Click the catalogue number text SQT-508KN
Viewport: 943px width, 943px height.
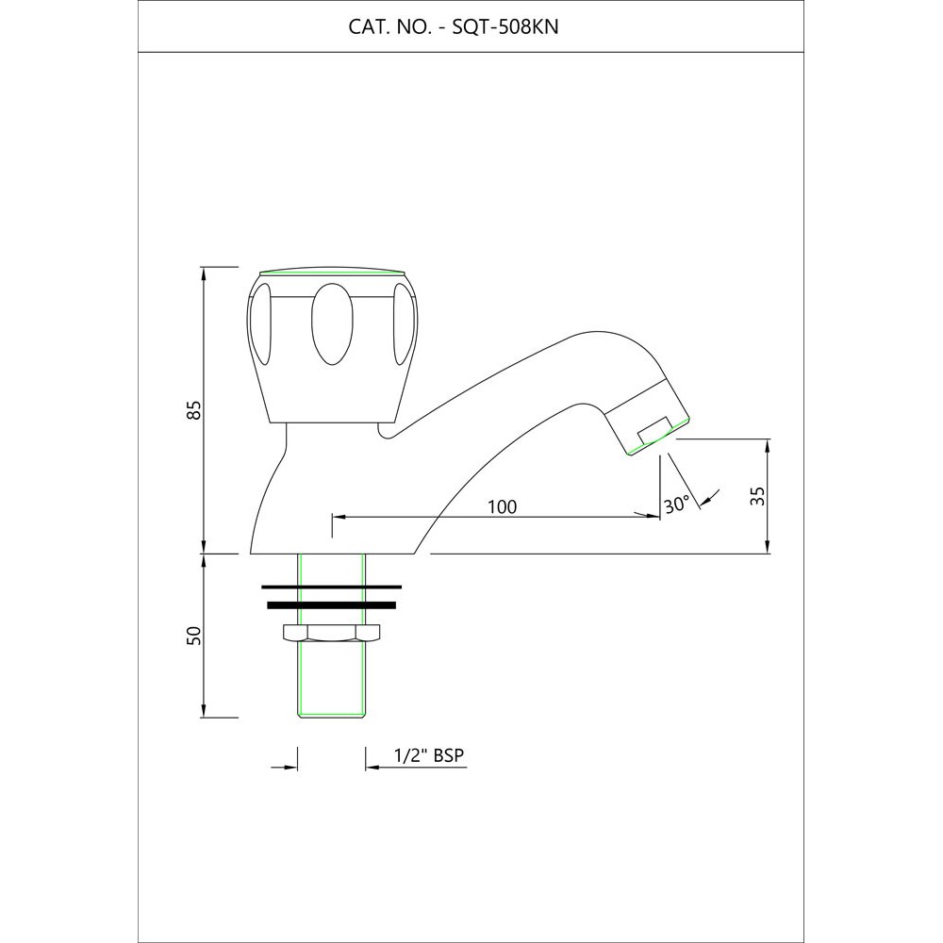pos(505,27)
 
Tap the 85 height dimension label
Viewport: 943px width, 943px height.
pos(193,411)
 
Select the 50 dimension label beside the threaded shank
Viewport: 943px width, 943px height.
pos(193,636)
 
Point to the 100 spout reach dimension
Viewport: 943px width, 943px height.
pos(502,506)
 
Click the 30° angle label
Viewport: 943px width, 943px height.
pos(676,504)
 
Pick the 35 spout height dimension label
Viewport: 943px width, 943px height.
pos(758,495)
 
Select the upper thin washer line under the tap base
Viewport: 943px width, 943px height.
pos(331,586)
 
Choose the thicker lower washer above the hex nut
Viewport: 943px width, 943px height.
pos(331,605)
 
